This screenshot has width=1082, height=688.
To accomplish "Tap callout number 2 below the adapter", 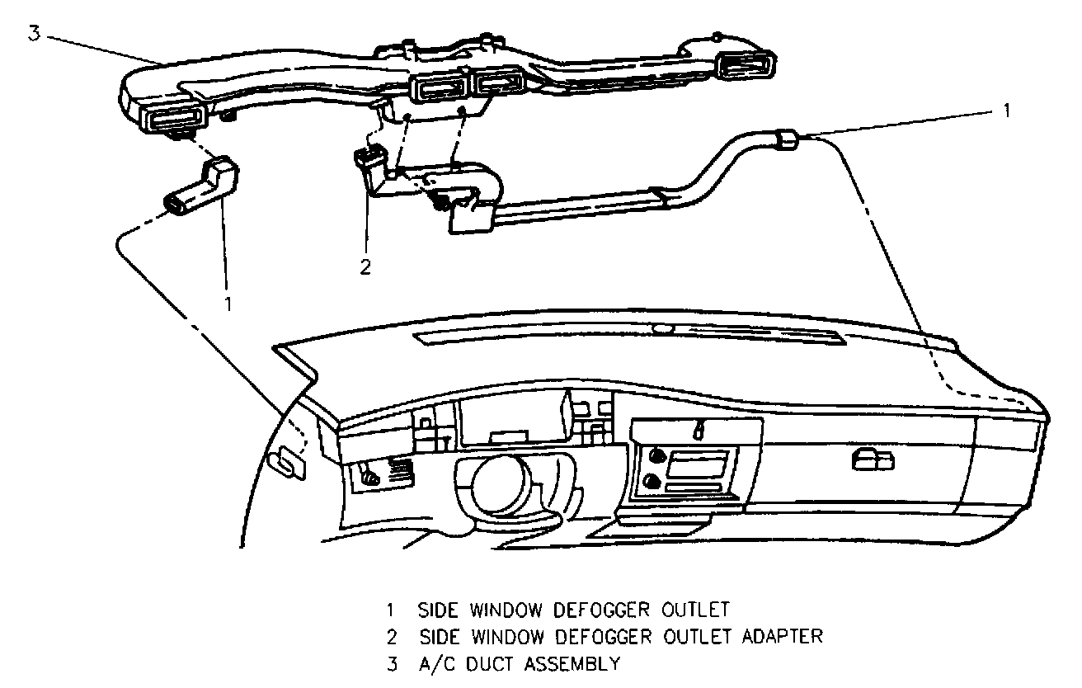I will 365,266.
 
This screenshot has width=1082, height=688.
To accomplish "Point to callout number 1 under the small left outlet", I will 228,304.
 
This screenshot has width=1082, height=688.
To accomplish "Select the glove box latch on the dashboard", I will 873,460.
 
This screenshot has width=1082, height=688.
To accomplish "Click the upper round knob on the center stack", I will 657,454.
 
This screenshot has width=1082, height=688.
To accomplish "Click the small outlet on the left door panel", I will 287,463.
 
